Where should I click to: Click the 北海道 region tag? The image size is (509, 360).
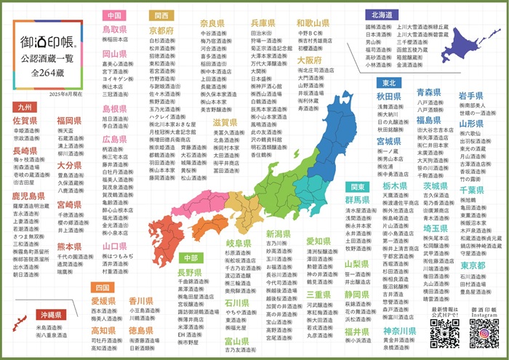[382, 15]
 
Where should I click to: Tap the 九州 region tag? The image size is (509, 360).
[25, 107]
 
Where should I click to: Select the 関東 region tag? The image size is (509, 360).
[355, 187]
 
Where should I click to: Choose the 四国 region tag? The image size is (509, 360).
[102, 287]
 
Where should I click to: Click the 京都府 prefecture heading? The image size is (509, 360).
[161, 31]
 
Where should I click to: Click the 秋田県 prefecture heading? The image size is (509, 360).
[389, 96]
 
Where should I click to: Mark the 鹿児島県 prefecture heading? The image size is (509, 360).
[28, 196]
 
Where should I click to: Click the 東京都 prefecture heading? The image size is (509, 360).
[473, 266]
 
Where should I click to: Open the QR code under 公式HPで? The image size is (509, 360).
[444, 334]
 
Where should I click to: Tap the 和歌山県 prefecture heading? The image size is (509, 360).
[313, 23]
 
